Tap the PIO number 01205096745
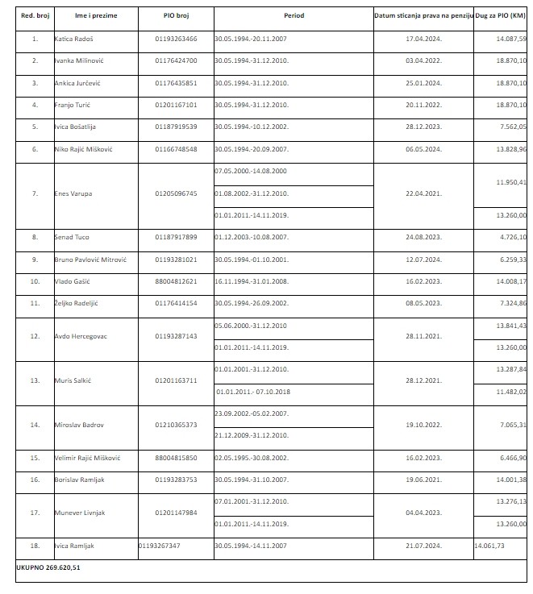pyautogui.click(x=176, y=193)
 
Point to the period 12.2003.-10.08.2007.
pyautogui.click(x=251, y=237)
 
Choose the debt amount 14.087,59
pyautogui.click(x=511, y=39)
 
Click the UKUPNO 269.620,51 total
pyautogui.click(x=49, y=567)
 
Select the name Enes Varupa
pyautogui.click(x=73, y=193)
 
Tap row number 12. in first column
pyautogui.click(x=34, y=335)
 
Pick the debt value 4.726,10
pyautogui.click(x=513, y=237)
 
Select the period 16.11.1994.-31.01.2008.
pyautogui.click(x=251, y=281)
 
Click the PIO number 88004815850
pyautogui.click(x=176, y=458)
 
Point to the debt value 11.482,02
pyautogui.click(x=511, y=391)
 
